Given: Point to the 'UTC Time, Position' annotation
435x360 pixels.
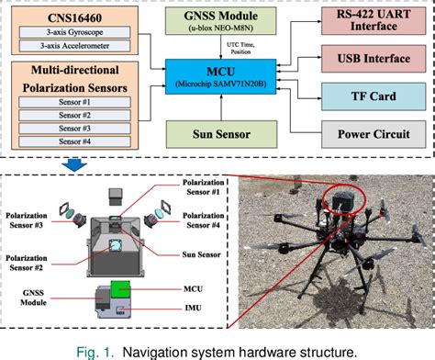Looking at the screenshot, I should tap(240, 49).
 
